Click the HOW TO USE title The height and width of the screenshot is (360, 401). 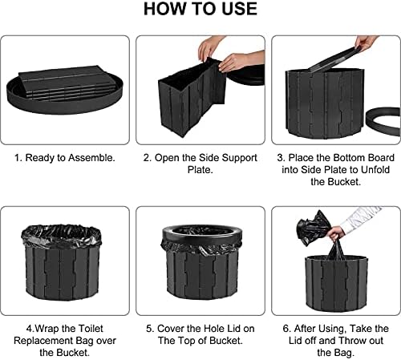coord(200,9)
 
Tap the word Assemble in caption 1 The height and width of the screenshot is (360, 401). coord(92,158)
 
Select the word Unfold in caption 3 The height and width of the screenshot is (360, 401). coord(375,170)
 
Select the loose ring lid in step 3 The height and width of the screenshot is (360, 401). coord(383,122)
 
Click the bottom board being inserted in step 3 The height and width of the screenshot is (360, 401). coord(335,59)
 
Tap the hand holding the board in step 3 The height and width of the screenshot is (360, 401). coord(367,42)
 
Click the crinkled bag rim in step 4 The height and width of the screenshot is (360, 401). coord(62,237)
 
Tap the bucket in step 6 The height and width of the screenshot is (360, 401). coord(336,283)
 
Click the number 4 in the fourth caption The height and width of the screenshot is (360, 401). coord(29,329)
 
